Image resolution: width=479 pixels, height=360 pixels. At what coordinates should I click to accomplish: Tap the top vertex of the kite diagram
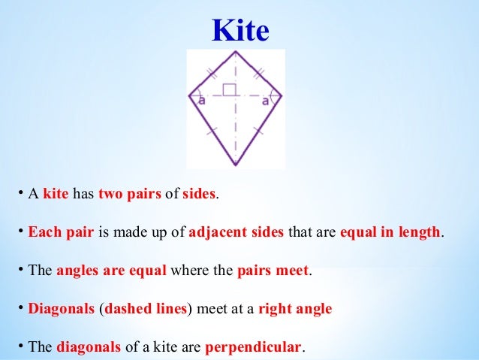pyautogui.click(x=236, y=53)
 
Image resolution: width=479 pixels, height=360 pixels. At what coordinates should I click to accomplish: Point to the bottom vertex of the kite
pyautogui.click(x=236, y=165)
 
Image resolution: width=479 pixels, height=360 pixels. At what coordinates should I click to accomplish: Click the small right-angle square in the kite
pyautogui.click(x=230, y=90)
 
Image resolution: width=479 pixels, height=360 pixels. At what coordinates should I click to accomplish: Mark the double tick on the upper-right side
pyautogui.click(x=259, y=74)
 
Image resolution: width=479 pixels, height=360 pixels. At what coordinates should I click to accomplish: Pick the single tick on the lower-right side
pyautogui.click(x=259, y=130)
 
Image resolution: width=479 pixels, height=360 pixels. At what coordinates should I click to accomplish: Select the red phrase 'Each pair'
pyautogui.click(x=61, y=232)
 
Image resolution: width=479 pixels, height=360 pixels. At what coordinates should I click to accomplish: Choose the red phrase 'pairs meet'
pyautogui.click(x=273, y=271)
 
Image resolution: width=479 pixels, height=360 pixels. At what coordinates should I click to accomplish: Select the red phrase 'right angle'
pyautogui.click(x=295, y=309)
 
